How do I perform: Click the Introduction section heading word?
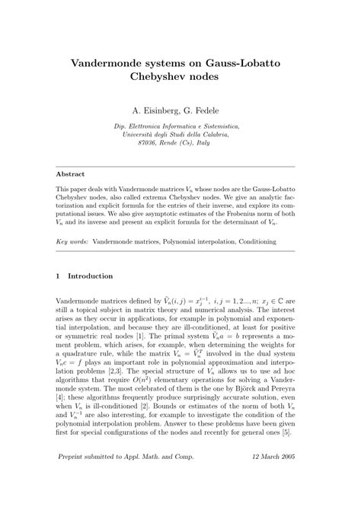91,276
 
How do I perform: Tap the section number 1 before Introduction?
59,276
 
